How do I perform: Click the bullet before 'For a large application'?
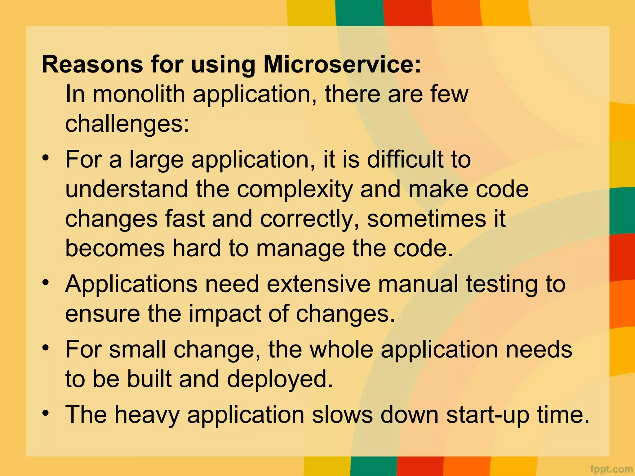(x=46, y=158)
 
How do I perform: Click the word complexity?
(x=295, y=190)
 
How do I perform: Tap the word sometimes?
(x=426, y=219)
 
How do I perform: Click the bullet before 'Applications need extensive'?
(x=46, y=282)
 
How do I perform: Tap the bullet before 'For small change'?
(x=46, y=347)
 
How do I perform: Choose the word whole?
(x=341, y=349)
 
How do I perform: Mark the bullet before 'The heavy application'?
(x=46, y=413)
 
